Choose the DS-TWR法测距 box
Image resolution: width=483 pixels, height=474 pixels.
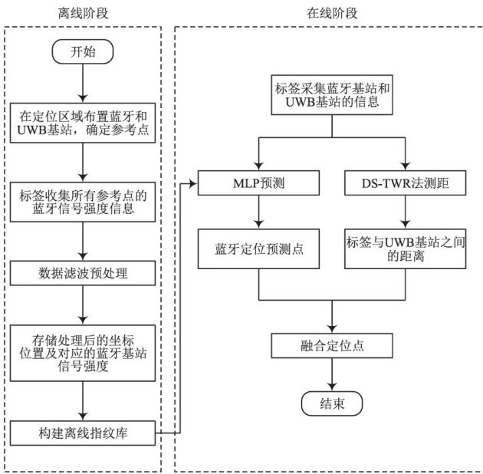[406, 184]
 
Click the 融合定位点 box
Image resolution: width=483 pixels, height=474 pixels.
[330, 345]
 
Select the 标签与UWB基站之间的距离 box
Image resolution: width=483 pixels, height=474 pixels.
[406, 248]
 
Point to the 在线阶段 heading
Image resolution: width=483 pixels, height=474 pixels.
[331, 13]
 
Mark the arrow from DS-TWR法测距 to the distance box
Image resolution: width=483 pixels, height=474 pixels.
[406, 211]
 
